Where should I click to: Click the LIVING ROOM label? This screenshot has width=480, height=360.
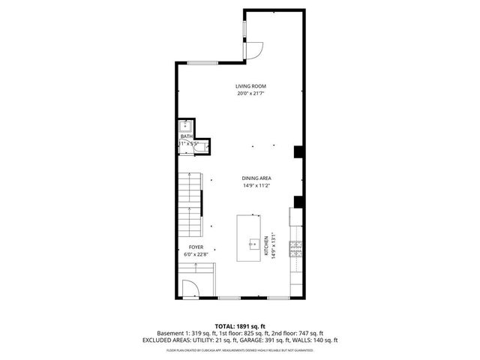click(x=251, y=86)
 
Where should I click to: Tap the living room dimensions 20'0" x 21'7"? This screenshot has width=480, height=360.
click(x=251, y=94)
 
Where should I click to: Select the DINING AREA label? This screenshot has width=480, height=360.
click(x=256, y=178)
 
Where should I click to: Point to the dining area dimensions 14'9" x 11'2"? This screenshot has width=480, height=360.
click(x=256, y=185)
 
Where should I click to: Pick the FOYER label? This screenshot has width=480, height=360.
click(x=196, y=247)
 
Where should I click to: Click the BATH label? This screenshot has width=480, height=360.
click(x=186, y=136)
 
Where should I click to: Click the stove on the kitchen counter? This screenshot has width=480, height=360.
click(x=297, y=248)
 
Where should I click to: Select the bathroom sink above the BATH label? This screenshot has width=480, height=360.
click(x=185, y=125)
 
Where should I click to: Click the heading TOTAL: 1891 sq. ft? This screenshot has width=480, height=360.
click(x=239, y=325)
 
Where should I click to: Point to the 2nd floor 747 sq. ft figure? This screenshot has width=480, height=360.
click(x=299, y=332)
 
